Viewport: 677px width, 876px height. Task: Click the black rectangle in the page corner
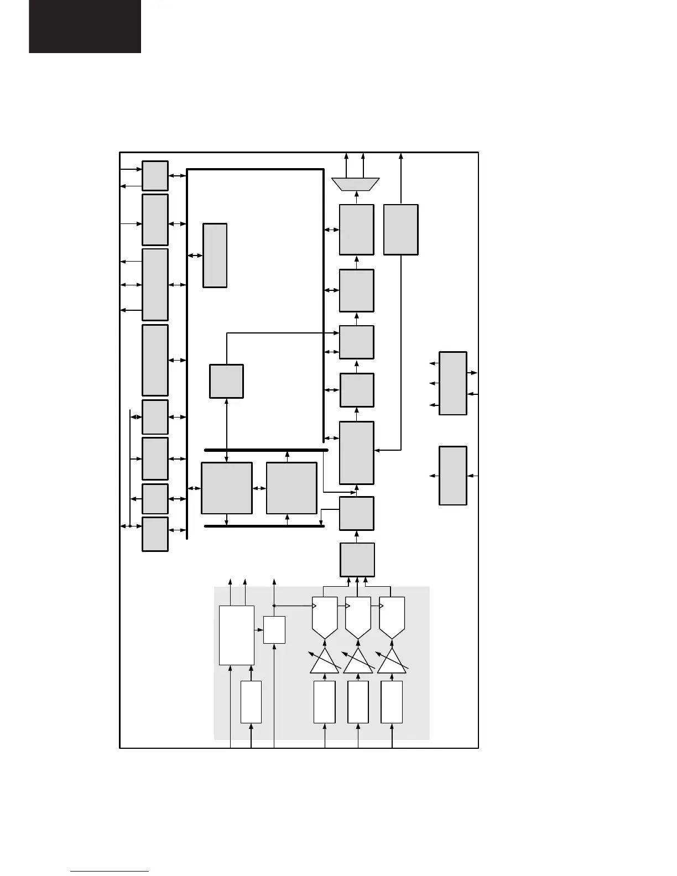point(85,26)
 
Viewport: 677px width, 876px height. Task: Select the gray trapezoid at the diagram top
point(356,184)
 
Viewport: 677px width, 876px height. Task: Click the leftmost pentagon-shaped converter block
point(325,616)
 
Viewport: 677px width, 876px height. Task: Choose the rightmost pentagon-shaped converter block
point(392,616)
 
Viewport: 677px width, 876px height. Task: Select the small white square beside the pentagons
point(274,630)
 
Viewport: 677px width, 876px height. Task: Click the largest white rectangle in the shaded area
point(237,635)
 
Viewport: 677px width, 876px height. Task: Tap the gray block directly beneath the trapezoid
point(357,230)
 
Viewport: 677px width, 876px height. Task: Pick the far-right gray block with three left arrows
point(453,383)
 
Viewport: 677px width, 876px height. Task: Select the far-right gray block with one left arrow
point(453,476)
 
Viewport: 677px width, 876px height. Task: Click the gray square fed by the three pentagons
point(357,560)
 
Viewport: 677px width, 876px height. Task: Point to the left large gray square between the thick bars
point(227,488)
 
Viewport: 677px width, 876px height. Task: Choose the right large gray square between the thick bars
point(291,488)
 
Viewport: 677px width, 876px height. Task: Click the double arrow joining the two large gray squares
point(259,488)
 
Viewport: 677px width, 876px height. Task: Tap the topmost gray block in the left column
point(155,176)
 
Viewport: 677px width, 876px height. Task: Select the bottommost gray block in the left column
point(155,534)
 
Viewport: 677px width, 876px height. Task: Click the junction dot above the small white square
point(274,606)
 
